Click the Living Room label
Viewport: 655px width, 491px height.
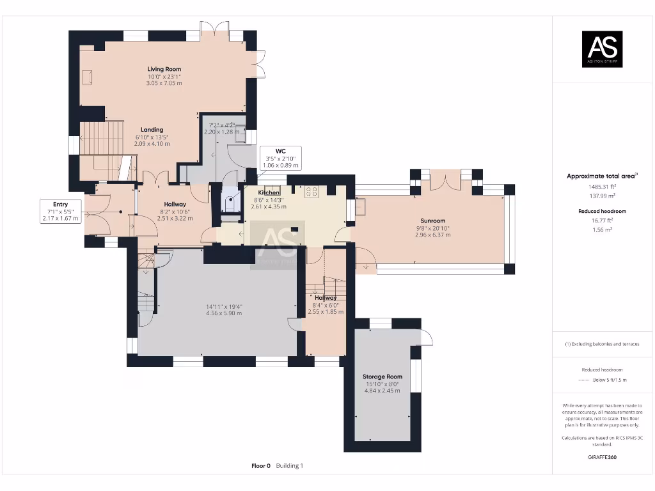click(164, 69)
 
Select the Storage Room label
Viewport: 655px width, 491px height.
click(383, 377)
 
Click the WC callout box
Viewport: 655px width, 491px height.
click(280, 158)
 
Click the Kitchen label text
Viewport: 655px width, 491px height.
click(269, 192)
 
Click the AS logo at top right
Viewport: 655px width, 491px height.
click(601, 49)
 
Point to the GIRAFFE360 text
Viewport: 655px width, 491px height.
click(601, 457)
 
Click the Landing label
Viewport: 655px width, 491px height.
click(152, 130)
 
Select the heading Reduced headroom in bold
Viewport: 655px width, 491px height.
click(601, 210)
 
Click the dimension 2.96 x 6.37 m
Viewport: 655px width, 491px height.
click(433, 235)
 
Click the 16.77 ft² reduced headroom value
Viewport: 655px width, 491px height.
click(601, 220)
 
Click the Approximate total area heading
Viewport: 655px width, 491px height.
click(600, 176)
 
